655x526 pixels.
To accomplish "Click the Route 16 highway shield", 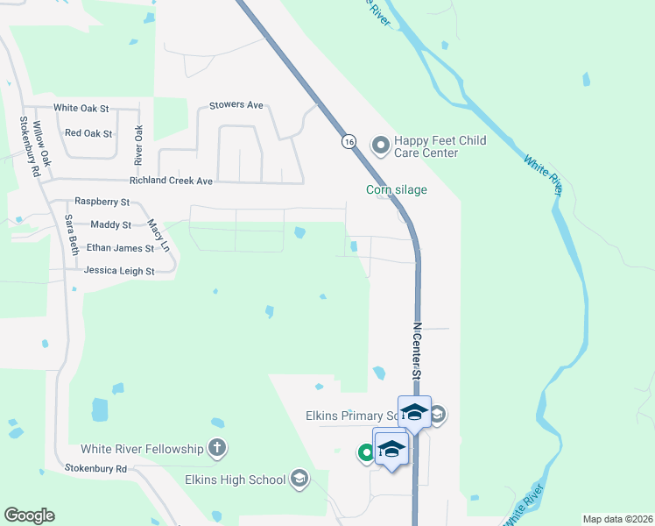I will point(349,141).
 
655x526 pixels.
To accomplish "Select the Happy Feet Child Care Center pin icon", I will point(381,146).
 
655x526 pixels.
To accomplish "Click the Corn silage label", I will point(397,189).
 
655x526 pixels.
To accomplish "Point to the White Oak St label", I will point(81,108).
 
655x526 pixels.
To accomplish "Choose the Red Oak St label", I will point(88,133).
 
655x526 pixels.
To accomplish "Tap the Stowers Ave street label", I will point(236,105).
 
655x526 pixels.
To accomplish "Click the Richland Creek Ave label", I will point(171,181).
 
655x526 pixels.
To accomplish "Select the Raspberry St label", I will point(102,202).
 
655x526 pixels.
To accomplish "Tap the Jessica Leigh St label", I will point(119,272).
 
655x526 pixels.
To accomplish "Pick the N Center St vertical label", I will point(418,350).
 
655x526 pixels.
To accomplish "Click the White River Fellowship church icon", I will point(217,449).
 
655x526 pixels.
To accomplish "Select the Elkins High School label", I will point(235,480).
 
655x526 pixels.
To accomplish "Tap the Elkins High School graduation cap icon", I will point(299,479).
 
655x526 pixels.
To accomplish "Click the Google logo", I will point(29,515).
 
